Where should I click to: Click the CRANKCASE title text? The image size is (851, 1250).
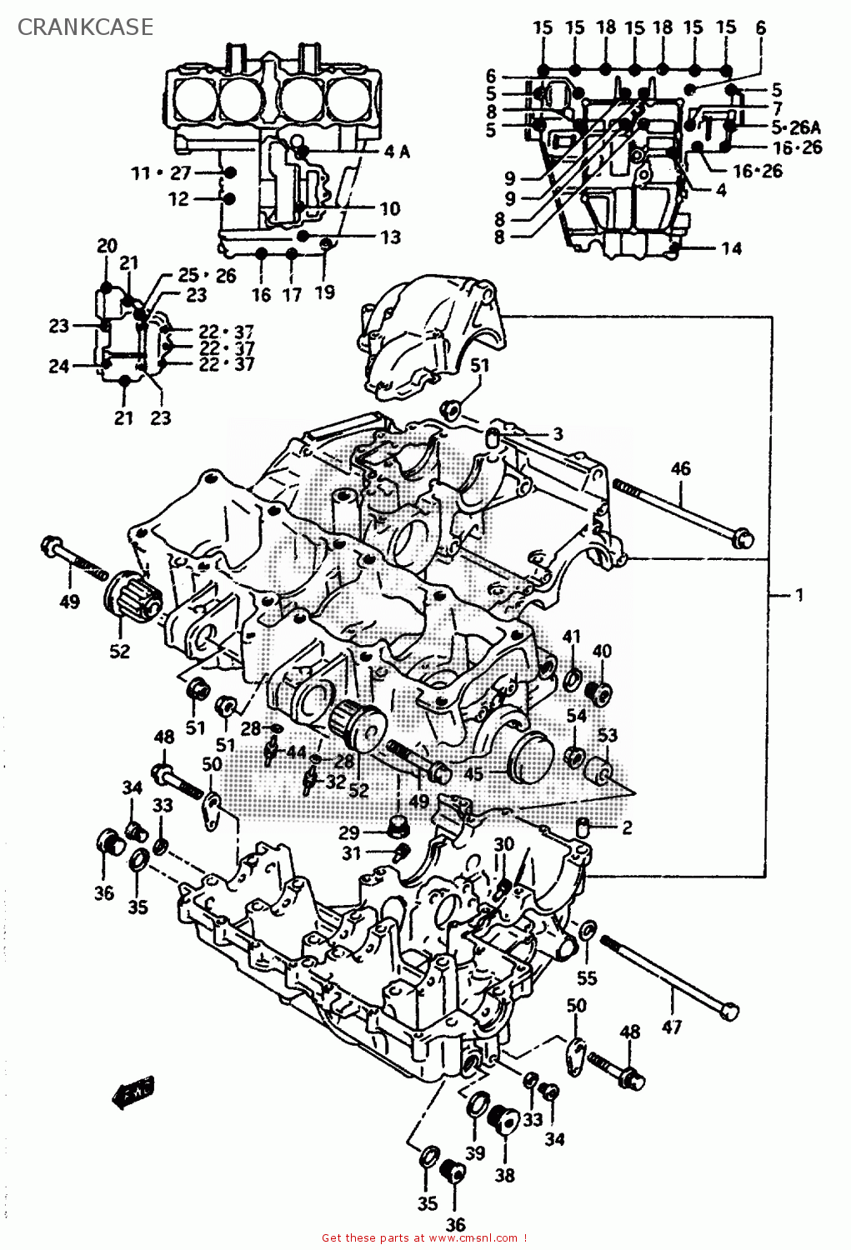[x=85, y=27]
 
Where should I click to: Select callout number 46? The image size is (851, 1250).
[x=680, y=468]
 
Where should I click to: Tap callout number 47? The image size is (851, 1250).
[x=672, y=1027]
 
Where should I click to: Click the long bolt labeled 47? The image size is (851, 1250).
[x=667, y=975]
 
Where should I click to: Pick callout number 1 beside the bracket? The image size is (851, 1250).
[x=798, y=595]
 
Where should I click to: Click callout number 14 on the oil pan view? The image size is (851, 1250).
[x=731, y=248]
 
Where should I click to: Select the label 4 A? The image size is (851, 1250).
[x=397, y=152]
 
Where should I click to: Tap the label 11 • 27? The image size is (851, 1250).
[x=161, y=173]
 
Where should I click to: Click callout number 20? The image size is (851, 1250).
[x=107, y=245]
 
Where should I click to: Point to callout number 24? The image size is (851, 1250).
[x=58, y=365]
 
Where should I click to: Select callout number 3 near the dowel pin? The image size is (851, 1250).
[x=558, y=434]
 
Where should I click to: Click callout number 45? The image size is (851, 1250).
[x=473, y=774]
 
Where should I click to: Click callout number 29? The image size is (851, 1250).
[x=348, y=832]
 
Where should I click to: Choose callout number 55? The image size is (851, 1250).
[x=587, y=978]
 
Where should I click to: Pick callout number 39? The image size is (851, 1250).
[x=475, y=1152]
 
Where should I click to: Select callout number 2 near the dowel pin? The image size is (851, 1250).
[x=627, y=827]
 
